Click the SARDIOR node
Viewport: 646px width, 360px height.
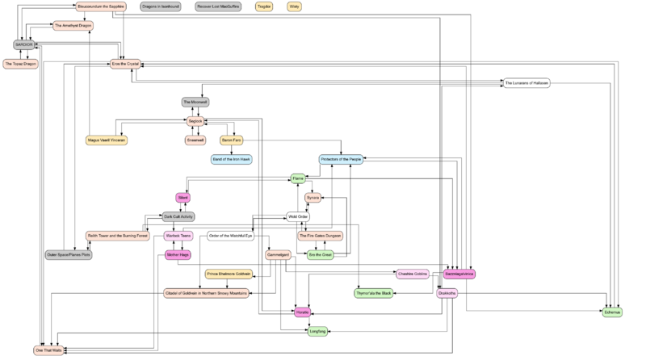coord(23,44)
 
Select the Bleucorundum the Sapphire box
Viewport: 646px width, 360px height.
coord(100,6)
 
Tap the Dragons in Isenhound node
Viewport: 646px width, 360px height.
coord(159,6)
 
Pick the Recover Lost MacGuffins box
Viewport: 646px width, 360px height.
coord(219,6)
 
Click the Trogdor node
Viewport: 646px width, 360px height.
coord(263,6)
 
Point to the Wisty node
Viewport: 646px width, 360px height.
coord(295,6)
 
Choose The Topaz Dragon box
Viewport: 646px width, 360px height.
coord(20,64)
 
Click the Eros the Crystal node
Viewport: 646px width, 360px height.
coord(125,64)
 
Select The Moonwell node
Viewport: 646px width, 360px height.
coord(195,102)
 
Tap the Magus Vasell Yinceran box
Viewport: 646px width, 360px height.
coord(107,140)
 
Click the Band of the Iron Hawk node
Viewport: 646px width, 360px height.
coord(231,159)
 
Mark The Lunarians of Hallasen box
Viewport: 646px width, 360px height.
coord(526,83)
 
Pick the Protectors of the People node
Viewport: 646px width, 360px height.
coord(341,159)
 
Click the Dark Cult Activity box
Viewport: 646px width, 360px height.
coord(178,216)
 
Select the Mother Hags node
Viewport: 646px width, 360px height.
coord(178,254)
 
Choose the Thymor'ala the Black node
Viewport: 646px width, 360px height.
coord(374,293)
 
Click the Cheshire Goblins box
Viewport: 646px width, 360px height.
coord(412,274)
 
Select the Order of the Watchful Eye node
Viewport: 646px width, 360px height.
coord(230,236)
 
